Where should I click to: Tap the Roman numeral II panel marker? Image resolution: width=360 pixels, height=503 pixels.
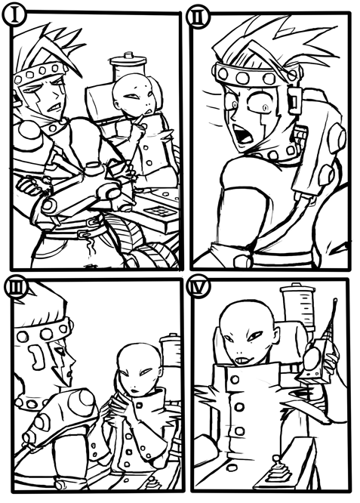198,19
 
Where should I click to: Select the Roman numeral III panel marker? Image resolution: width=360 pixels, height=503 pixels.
14,289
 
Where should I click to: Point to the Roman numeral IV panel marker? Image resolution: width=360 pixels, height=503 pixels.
198,287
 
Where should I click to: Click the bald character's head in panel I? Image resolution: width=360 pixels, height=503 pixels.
133,94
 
